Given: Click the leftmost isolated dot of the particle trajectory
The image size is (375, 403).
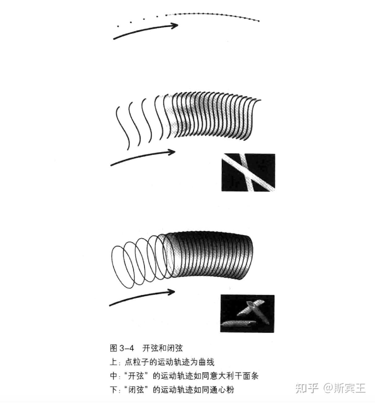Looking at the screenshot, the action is click(118, 26).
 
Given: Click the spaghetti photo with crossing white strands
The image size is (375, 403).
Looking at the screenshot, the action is click(248, 172).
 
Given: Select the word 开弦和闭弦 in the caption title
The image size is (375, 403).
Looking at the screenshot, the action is click(163, 348).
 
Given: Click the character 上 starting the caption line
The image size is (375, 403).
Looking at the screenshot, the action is click(113, 362).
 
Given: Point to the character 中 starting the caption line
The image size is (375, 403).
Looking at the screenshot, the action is click(113, 376).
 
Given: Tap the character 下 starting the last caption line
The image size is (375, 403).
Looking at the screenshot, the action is click(113, 390).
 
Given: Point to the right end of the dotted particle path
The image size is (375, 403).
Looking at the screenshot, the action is click(259, 21).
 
